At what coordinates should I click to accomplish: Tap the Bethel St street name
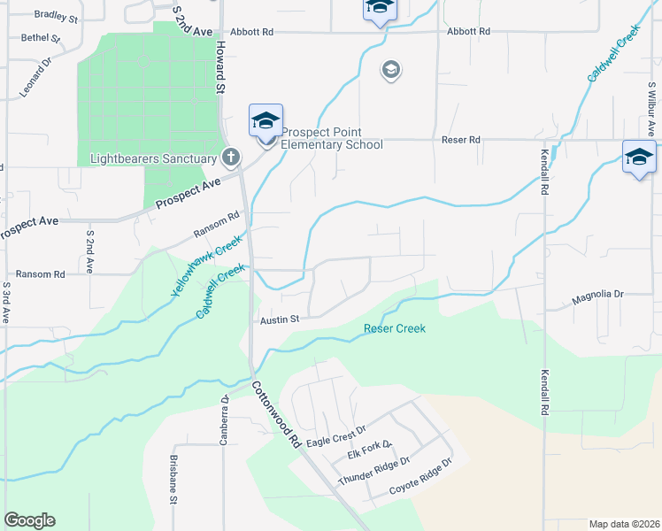40,38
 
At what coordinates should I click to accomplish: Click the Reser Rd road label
461,140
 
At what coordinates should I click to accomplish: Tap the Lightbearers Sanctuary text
154,159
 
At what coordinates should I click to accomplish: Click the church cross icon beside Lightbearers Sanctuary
231,158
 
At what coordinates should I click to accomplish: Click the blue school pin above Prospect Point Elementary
266,122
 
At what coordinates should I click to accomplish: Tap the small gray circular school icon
391,70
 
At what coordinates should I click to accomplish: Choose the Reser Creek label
395,329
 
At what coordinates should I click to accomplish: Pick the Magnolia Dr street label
597,294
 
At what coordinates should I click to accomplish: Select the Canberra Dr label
226,419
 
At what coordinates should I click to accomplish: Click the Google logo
29,520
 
